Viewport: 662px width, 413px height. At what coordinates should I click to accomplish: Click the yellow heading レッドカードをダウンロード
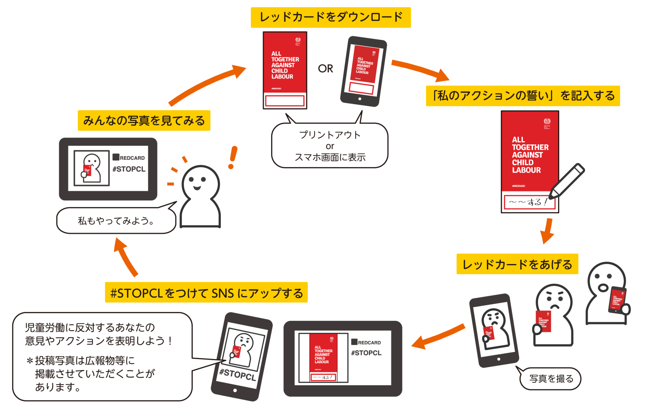click(331, 17)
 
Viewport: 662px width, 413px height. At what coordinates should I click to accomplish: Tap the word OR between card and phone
click(325, 69)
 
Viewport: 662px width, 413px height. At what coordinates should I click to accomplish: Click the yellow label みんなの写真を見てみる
click(144, 121)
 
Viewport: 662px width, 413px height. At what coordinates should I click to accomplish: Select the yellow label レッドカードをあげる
click(517, 264)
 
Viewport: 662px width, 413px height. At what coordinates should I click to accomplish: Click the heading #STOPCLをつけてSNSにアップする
click(206, 293)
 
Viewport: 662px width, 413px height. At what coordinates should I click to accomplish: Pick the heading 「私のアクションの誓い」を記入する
click(523, 96)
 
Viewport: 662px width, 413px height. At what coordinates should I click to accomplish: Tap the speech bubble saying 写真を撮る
click(551, 378)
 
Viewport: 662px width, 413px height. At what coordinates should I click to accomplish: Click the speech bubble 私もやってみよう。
click(116, 221)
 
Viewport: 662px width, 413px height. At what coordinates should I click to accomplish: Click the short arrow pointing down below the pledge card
click(548, 231)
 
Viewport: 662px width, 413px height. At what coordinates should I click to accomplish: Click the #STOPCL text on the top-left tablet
click(129, 169)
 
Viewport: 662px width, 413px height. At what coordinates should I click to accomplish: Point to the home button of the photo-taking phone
click(499, 359)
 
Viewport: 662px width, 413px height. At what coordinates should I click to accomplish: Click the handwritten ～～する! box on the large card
click(529, 202)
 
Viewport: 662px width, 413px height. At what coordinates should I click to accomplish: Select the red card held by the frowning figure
click(543, 321)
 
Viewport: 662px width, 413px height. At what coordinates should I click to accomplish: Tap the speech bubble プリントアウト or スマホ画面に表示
click(330, 146)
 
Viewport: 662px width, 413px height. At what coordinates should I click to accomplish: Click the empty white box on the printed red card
click(284, 101)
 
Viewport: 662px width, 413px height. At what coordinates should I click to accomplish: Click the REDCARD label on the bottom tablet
click(369, 343)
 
